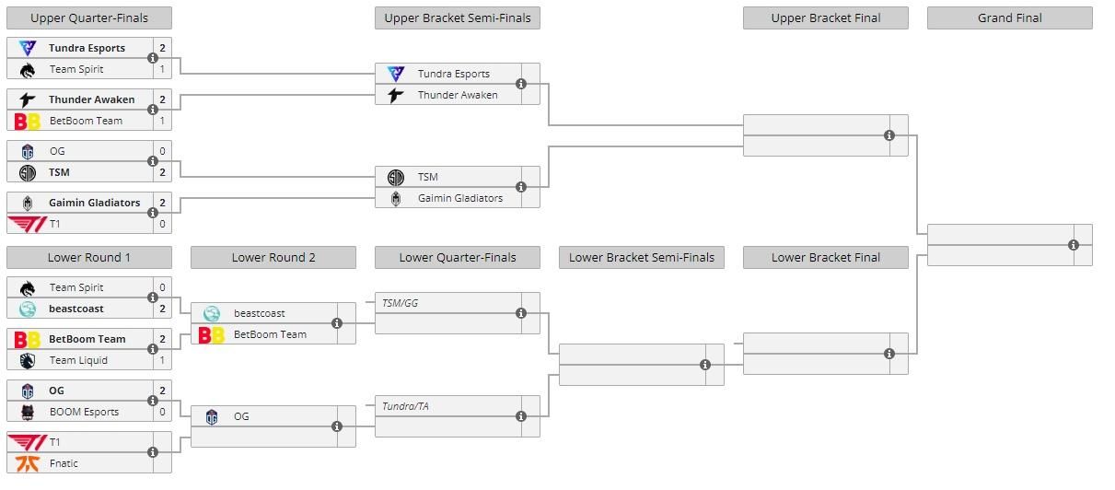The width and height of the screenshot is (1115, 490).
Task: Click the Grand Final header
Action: (x=1009, y=17)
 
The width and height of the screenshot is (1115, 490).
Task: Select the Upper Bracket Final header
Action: (x=826, y=17)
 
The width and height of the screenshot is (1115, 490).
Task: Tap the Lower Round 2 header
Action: (x=273, y=258)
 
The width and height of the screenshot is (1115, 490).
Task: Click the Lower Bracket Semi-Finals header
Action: (x=642, y=258)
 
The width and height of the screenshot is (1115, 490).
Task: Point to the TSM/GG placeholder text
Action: (x=400, y=303)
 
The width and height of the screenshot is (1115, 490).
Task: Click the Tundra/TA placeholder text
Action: (x=405, y=406)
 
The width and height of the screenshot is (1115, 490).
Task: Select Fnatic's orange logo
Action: (x=28, y=463)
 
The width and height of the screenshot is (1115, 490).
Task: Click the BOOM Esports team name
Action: (x=84, y=412)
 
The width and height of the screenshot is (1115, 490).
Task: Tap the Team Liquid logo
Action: (x=28, y=360)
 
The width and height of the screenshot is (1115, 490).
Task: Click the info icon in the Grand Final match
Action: (x=1074, y=245)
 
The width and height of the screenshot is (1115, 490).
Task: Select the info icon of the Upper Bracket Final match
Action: (x=889, y=135)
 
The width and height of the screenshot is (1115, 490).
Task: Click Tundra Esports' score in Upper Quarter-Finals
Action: (x=162, y=48)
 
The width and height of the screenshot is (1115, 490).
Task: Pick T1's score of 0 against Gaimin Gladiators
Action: (x=162, y=224)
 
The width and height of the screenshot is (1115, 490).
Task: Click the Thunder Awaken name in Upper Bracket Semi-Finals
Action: (x=458, y=95)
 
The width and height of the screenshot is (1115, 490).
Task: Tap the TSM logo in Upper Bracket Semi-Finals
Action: (x=396, y=177)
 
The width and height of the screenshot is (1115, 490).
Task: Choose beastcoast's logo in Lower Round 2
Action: (x=212, y=313)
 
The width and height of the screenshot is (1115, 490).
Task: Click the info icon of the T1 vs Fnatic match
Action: (x=153, y=452)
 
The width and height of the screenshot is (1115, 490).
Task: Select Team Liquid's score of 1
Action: (x=162, y=360)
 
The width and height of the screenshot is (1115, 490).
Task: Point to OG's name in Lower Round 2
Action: (x=241, y=416)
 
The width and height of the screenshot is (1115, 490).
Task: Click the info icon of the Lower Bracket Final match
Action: (x=889, y=354)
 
